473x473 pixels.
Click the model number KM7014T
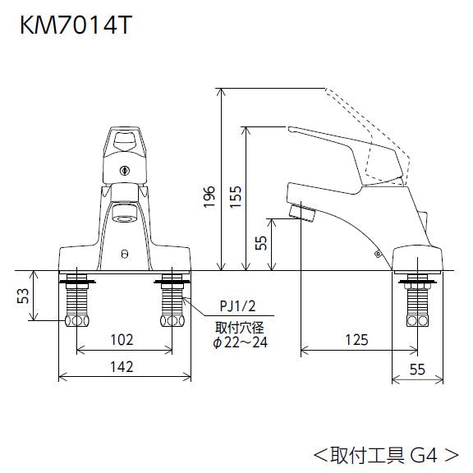[x=76, y=25]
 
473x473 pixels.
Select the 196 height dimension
[x=209, y=197]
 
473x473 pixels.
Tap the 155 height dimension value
[x=236, y=197]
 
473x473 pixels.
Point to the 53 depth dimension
[x=23, y=296]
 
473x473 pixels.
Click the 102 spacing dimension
[x=122, y=340]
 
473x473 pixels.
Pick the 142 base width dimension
[x=122, y=367]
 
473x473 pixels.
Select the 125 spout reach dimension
[x=357, y=340]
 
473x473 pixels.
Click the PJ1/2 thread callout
[x=237, y=306]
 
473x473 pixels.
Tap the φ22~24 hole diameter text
[x=241, y=342]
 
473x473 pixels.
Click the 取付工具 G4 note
[x=387, y=455]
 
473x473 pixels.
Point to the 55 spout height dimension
[x=261, y=243]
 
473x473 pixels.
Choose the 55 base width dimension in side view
[x=417, y=370]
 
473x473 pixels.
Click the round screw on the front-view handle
[x=124, y=171]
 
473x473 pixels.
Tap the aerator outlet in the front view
[x=124, y=218]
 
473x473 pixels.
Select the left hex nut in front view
[x=77, y=321]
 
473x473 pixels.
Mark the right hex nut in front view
[x=172, y=321]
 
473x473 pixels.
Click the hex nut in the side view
[x=417, y=321]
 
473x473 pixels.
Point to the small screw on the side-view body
[x=378, y=255]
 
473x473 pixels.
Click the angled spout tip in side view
[x=302, y=212]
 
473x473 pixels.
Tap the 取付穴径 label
[x=240, y=328]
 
